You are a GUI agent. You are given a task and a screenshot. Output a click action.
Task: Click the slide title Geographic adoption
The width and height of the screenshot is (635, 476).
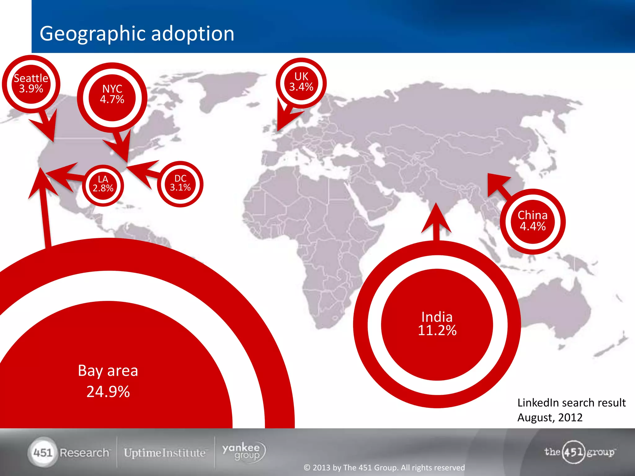137,33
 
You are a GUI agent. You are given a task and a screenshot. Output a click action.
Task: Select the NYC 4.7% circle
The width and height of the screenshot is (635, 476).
112,94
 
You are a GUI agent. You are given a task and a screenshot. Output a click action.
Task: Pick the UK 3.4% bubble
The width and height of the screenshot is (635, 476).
301,82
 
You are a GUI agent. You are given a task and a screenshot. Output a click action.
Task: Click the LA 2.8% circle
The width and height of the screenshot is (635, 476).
103,184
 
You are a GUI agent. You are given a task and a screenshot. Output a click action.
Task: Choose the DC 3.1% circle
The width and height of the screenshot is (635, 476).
180,183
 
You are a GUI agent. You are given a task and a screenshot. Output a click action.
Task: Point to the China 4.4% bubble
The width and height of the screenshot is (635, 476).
532,221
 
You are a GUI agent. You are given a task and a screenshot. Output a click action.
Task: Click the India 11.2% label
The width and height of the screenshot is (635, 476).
437,324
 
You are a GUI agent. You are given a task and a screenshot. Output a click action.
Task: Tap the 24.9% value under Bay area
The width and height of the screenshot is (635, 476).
108,391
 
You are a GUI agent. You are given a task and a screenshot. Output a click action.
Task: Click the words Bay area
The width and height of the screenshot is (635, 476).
108,371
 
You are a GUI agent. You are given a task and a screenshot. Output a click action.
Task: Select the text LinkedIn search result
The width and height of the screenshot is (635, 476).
571,403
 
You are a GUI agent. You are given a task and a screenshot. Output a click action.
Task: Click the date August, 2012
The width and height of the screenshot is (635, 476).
550,417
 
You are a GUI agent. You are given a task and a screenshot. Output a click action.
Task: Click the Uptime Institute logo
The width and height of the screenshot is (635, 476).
165,453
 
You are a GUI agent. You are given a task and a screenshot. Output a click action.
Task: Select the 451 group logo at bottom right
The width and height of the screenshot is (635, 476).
579,452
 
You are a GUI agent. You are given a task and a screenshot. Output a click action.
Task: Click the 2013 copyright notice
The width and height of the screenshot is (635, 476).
384,467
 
